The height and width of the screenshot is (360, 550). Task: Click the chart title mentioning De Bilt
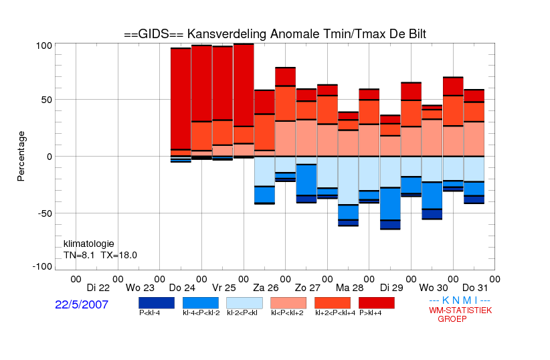275,34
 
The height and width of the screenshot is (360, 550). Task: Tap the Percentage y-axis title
21,156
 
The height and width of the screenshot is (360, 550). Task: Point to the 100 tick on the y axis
44,46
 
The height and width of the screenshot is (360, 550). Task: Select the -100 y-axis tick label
42,266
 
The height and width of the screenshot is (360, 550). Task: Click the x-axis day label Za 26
266,288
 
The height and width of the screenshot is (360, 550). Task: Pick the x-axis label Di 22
98,288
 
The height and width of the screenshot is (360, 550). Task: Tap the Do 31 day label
475,288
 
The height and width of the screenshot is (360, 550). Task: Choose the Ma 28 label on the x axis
350,288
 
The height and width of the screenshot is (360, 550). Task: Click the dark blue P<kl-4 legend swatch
157,303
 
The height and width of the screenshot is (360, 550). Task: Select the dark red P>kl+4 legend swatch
377,303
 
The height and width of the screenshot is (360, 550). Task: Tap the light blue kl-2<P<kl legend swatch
244,303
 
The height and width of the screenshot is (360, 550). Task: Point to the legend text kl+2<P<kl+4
335,312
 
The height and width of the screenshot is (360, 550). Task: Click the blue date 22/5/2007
82,304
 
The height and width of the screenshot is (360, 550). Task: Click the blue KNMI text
460,300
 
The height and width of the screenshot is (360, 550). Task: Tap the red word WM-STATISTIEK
460,310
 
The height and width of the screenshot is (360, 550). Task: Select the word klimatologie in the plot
89,244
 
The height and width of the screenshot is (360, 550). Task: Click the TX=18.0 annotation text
119,255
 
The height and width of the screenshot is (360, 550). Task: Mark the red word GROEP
452,319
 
